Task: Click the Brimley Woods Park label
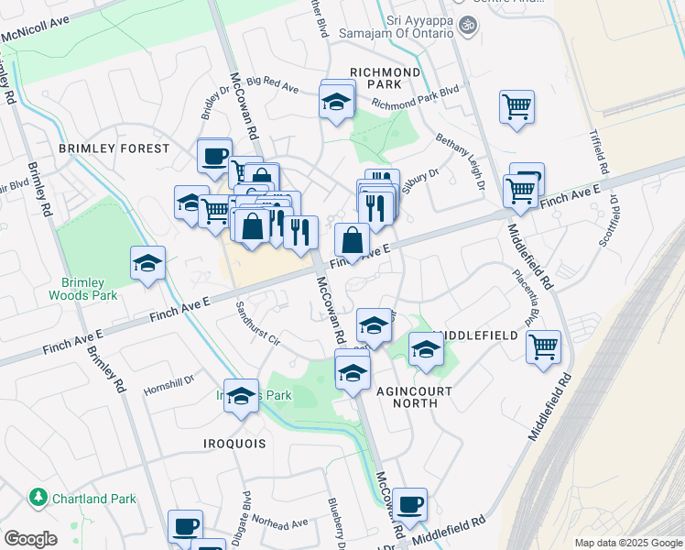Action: coord(90,289)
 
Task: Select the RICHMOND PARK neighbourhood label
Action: coord(385,78)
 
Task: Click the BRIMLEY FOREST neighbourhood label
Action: coord(114,148)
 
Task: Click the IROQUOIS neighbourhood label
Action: coord(234,444)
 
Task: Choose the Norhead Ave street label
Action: coord(280,523)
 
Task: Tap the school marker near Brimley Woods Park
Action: coord(147,264)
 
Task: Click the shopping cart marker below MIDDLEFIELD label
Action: coord(544,347)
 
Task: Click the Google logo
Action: coord(30,539)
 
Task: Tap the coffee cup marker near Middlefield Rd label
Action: coord(411,504)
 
